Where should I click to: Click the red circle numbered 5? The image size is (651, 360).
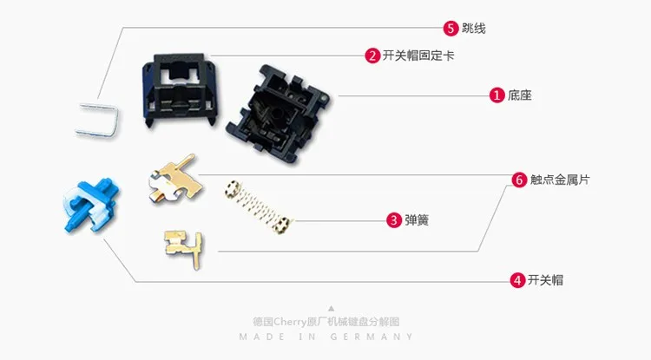450,29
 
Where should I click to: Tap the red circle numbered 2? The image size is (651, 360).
372,56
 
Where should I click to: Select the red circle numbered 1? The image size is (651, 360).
496,95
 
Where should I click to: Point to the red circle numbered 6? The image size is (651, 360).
519,180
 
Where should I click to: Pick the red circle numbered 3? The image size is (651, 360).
394,219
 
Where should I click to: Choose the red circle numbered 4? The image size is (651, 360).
517,280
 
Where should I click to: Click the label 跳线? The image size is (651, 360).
473,29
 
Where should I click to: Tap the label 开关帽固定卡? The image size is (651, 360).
418,56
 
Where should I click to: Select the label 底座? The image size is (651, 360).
519,95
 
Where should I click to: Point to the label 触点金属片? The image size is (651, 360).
560,180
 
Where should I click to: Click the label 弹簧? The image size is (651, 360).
417,219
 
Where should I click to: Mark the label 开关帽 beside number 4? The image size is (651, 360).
545,280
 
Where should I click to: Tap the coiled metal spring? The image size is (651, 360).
258,206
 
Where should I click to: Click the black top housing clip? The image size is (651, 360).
180,89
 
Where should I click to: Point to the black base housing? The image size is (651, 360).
278,114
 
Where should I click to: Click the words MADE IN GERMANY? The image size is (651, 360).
325,337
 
